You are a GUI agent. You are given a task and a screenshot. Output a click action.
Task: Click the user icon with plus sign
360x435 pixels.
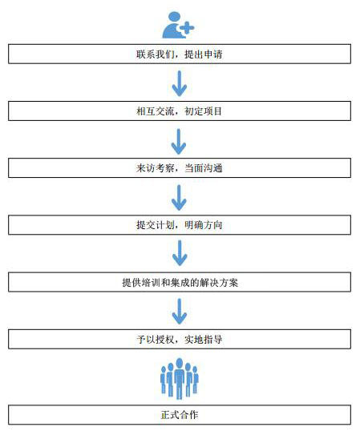[178, 25]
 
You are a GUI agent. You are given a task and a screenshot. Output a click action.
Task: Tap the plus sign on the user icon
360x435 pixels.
[187, 27]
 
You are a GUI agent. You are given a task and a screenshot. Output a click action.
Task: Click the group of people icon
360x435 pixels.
[180, 378]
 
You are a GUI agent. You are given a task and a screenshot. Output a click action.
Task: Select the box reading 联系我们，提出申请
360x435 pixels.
[180, 54]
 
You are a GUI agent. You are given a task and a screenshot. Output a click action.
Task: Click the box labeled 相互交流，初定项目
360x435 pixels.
[180, 111]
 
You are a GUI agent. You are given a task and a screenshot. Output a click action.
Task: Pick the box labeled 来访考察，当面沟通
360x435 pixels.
[180, 168]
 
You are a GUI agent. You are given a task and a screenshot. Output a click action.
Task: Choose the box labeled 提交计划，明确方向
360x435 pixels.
[180, 225]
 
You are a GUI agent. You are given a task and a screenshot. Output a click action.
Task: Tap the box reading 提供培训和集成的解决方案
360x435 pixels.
[180, 282]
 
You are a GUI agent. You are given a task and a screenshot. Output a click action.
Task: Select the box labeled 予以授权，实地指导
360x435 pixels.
[180, 339]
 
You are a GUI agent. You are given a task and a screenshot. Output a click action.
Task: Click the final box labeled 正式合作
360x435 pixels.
[180, 415]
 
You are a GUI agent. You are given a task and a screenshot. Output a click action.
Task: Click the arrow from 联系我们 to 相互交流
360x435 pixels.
[180, 83]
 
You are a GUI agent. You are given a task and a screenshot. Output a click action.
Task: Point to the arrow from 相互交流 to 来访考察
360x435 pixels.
[179, 142]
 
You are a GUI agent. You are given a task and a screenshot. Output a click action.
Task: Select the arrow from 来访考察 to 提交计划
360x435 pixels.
[179, 198]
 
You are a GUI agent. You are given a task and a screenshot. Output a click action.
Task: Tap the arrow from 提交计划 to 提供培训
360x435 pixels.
[180, 253]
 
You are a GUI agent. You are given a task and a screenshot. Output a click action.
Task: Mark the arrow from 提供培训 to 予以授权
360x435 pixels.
[180, 312]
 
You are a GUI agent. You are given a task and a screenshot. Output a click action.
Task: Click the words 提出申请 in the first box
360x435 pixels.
[204, 54]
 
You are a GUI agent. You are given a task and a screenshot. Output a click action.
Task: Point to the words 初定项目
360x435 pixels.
[204, 111]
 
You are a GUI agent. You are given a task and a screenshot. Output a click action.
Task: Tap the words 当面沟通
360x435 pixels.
[204, 168]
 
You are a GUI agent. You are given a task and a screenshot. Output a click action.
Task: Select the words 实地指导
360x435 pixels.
[204, 340]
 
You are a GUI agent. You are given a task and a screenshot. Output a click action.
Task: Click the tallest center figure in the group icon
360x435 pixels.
[180, 379]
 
